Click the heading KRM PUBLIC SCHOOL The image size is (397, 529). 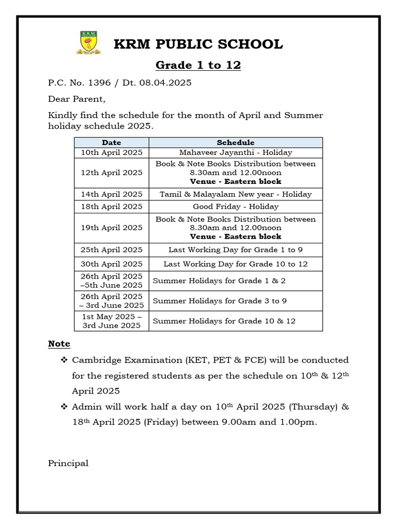pyautogui.click(x=198, y=44)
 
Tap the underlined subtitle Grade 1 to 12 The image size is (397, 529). pyautogui.click(x=198, y=66)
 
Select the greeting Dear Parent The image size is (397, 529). pyautogui.click(x=76, y=99)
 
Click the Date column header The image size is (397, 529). pyautogui.click(x=112, y=143)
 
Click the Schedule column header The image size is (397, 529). pyautogui.click(x=235, y=143)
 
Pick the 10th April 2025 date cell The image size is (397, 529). pyautogui.click(x=112, y=152)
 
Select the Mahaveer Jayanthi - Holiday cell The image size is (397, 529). pyautogui.click(x=235, y=152)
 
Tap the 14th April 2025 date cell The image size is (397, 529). pyautogui.click(x=112, y=194)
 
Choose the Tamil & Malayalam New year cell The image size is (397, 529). pyautogui.click(x=235, y=194)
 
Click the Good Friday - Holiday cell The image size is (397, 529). pyautogui.click(x=235, y=207)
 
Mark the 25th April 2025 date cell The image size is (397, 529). pyautogui.click(x=112, y=250)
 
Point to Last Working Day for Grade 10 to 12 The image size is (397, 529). pyautogui.click(x=235, y=264)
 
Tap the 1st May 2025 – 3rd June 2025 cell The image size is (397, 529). pyautogui.click(x=112, y=321)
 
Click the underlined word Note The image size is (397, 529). pyautogui.click(x=59, y=344)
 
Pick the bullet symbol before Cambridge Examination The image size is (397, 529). pyautogui.click(x=64, y=360)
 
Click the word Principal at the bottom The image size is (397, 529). pyautogui.click(x=68, y=463)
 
